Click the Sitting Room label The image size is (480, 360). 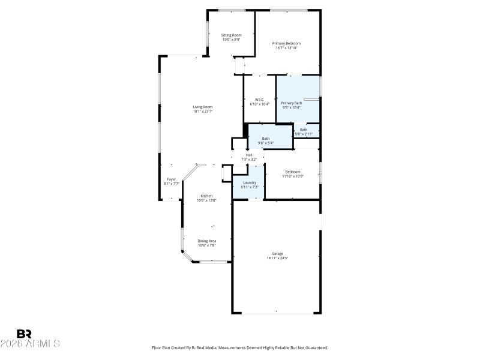[231, 35]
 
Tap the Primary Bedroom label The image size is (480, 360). [286, 43]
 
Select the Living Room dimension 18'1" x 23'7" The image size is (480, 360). [203, 112]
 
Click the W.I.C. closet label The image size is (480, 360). [259, 100]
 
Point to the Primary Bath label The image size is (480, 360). [292, 103]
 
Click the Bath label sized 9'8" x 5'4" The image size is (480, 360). [266, 139]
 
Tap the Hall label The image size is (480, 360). [248, 155]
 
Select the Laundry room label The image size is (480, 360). [250, 182]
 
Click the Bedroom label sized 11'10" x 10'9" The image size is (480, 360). [293, 172]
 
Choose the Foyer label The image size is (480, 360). [172, 179]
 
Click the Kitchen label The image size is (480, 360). [206, 196]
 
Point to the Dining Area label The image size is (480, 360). [207, 241]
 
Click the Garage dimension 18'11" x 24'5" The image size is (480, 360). [277, 258]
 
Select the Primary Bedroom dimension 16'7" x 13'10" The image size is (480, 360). [286, 48]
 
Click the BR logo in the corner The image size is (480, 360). [24, 333]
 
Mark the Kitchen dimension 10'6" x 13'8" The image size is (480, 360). [206, 200]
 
